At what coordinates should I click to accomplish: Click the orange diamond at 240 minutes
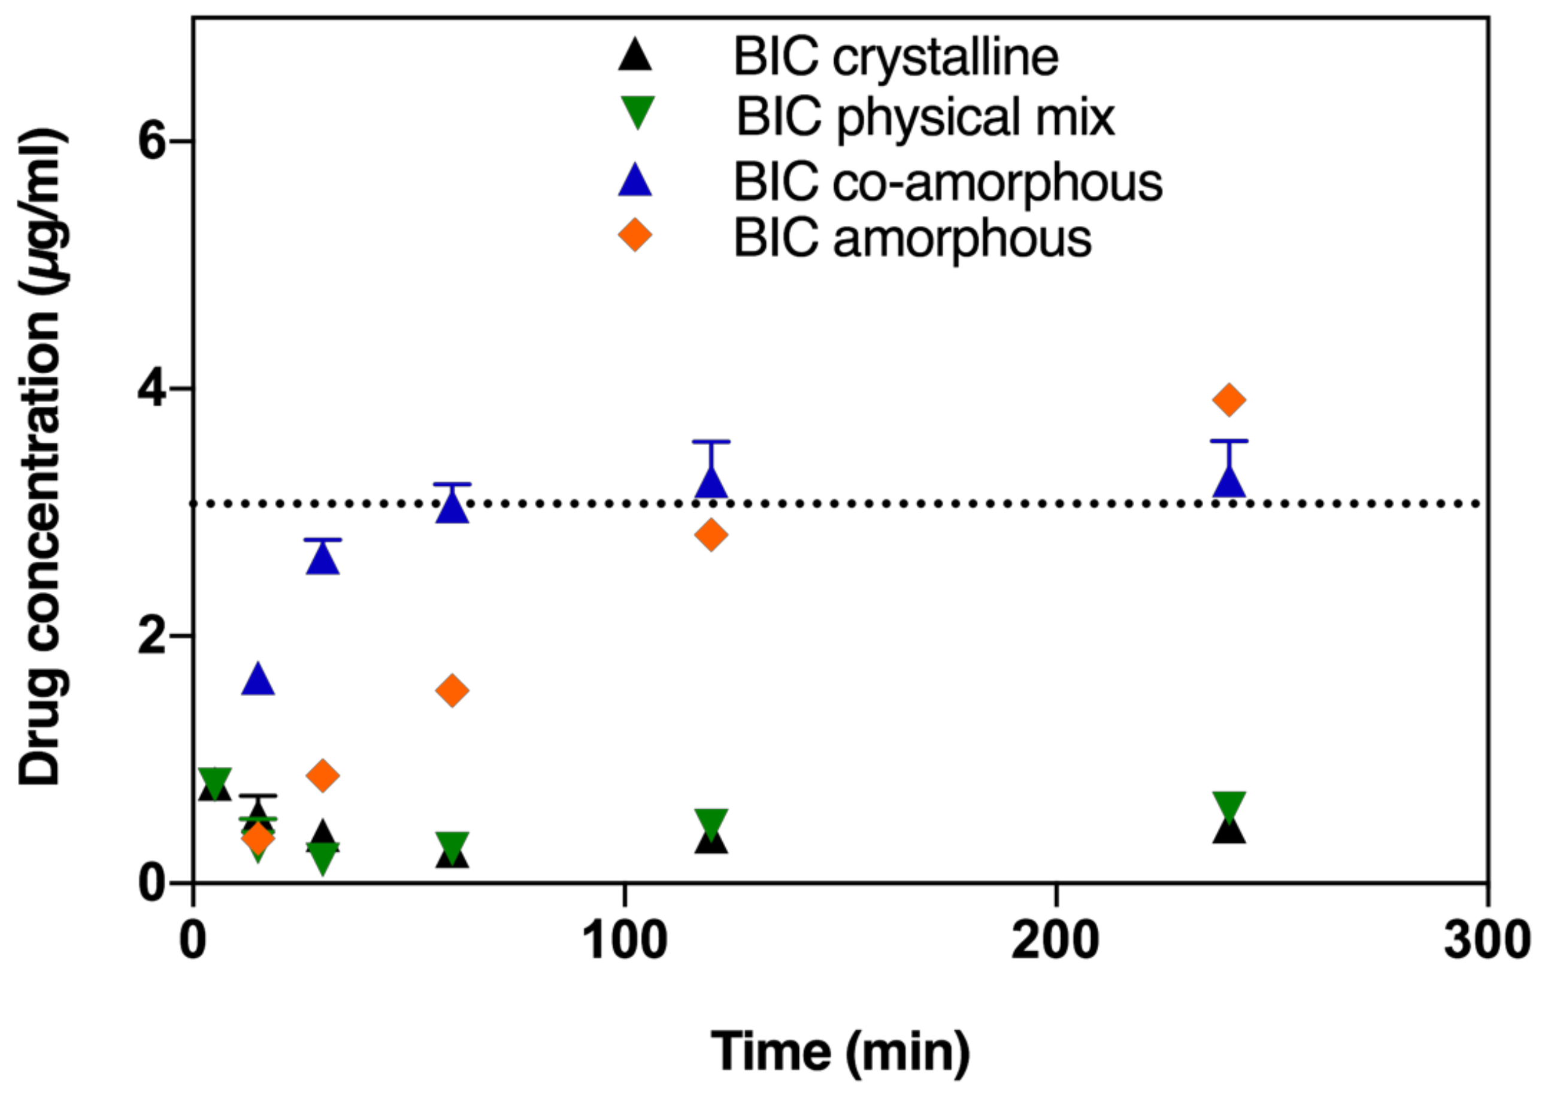pos(1229,400)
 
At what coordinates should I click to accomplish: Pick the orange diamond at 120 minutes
pos(711,534)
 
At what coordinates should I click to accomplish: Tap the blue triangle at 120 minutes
pos(711,483)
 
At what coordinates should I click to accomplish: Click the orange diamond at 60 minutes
pos(453,691)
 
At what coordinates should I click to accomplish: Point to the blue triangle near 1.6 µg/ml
pos(258,680)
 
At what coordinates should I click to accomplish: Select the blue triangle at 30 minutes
pos(323,559)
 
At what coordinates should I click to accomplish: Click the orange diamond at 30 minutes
pos(323,775)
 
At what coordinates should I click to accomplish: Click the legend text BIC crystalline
pos(895,58)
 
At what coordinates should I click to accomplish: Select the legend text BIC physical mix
pos(925,117)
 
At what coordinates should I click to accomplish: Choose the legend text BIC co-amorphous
pos(947,183)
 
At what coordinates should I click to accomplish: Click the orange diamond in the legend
pos(635,235)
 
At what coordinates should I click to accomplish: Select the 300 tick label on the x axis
pos(1487,940)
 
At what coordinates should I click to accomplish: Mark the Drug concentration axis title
pos(43,456)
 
